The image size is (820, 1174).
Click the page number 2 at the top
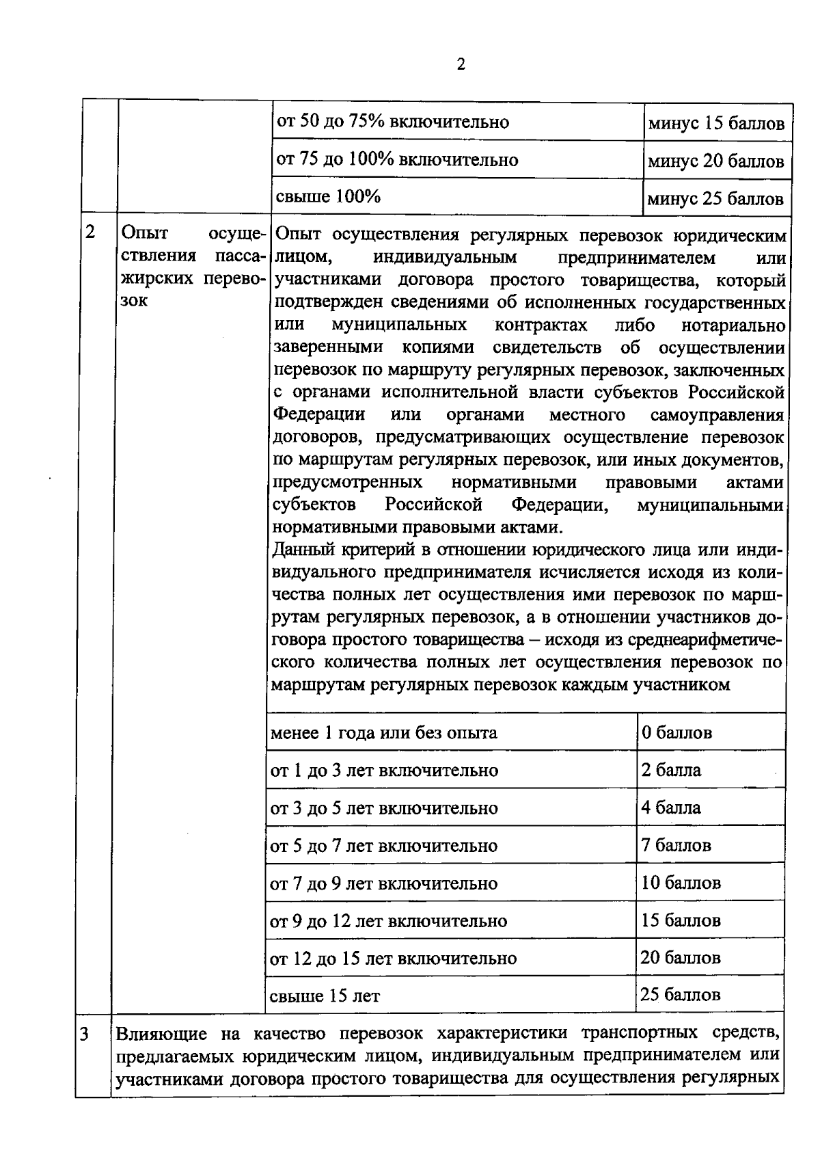(460, 64)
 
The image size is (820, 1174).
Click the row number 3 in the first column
(83, 1034)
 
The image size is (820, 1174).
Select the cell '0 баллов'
(676, 733)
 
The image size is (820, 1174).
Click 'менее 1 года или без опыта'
(383, 734)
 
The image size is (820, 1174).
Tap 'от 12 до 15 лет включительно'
(393, 959)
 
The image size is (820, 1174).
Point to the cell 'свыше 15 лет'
(325, 996)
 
